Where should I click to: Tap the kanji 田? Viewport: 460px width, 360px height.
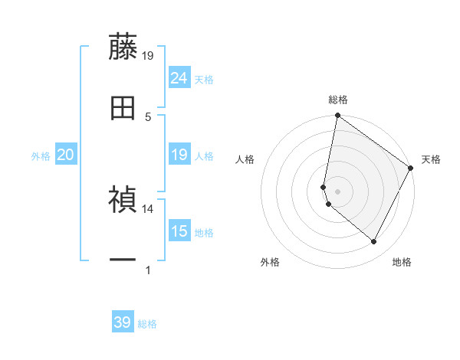click(x=123, y=108)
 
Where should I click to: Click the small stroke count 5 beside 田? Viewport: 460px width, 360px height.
click(x=148, y=116)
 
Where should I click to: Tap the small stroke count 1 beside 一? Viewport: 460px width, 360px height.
click(x=148, y=270)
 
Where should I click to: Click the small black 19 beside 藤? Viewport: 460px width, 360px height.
click(x=148, y=55)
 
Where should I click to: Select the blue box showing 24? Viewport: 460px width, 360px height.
click(x=179, y=78)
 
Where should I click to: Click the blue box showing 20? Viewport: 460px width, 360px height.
click(x=65, y=155)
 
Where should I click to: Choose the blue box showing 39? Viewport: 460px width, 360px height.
click(x=123, y=322)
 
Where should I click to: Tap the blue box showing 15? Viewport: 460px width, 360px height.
click(x=179, y=231)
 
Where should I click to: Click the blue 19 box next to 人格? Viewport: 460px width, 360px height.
click(x=179, y=155)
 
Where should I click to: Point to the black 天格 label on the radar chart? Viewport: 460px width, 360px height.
click(x=431, y=159)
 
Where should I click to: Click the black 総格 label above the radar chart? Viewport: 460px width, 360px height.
click(x=338, y=100)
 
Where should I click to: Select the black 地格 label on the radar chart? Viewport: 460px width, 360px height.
click(x=402, y=262)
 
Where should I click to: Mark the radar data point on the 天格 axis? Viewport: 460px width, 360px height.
click(x=412, y=169)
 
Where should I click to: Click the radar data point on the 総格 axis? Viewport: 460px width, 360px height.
click(x=337, y=116)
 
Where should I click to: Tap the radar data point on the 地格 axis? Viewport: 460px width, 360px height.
click(x=374, y=242)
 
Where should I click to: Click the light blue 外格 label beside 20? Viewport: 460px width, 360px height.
click(x=41, y=155)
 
